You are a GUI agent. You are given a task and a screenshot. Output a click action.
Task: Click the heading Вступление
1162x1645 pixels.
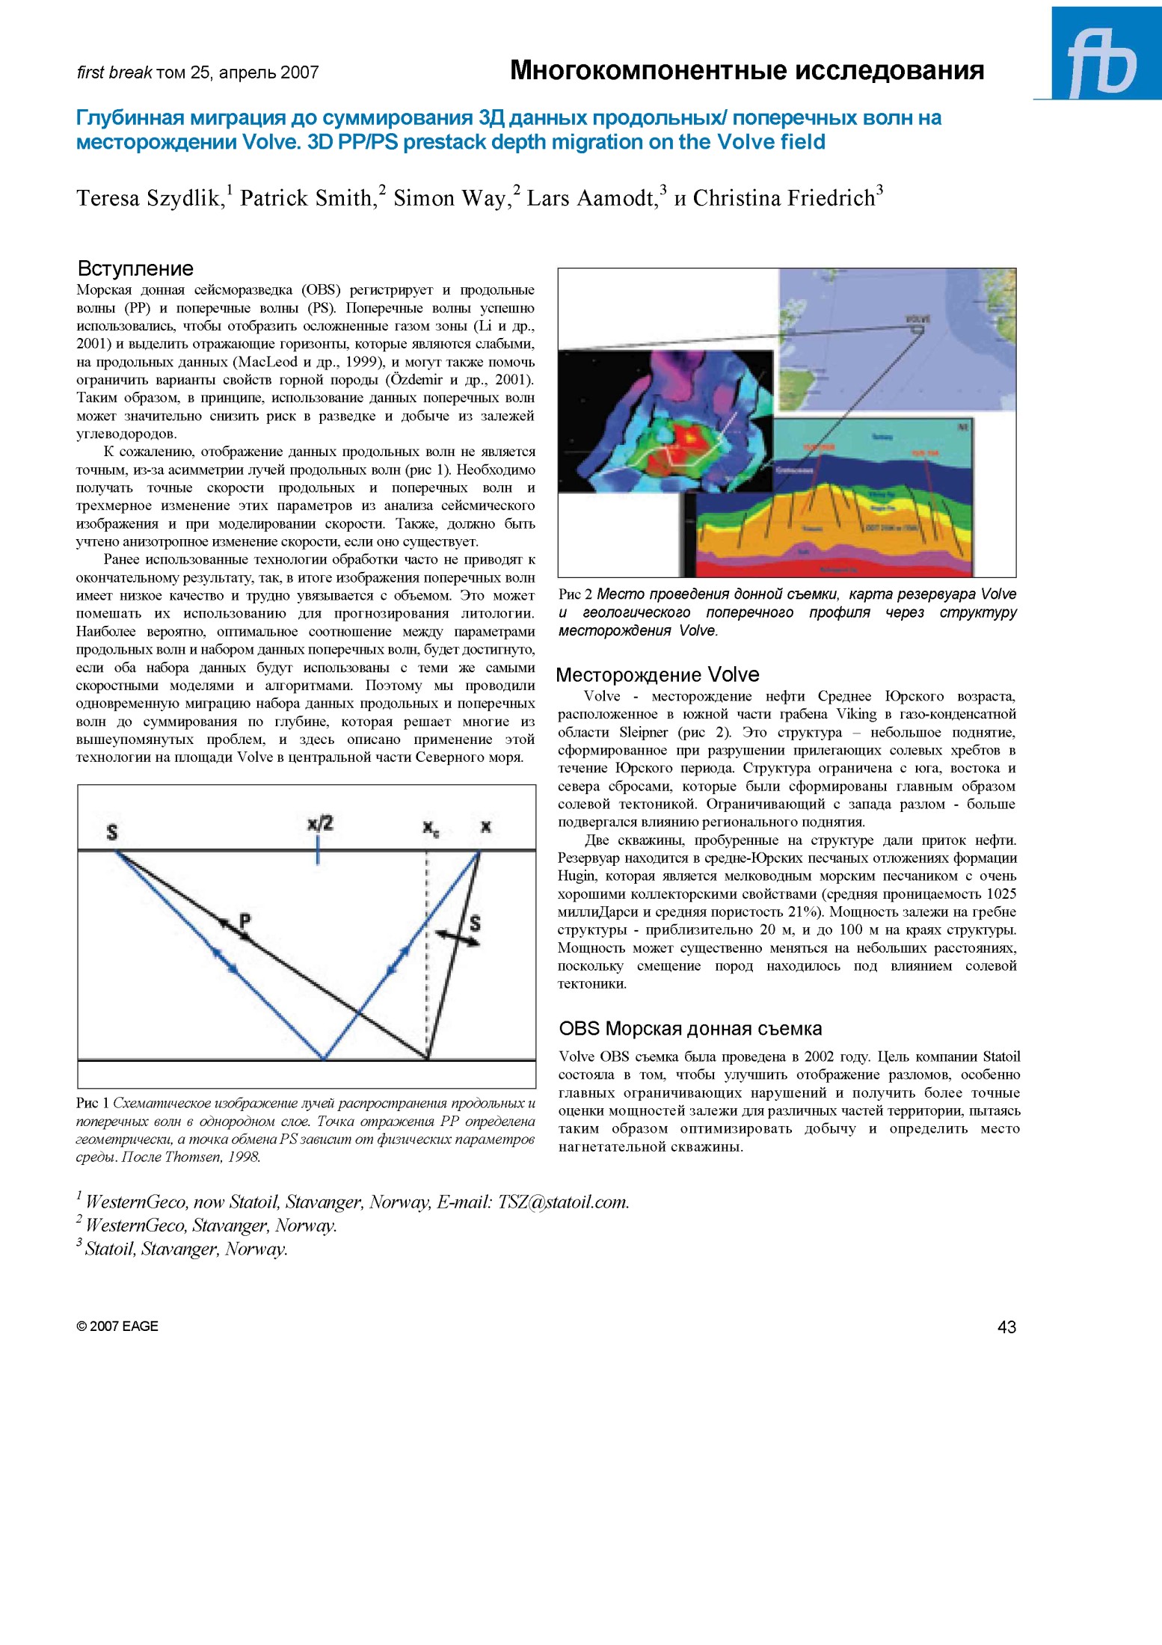tap(135, 268)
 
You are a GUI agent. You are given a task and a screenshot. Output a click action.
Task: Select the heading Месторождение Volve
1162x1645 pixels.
tap(657, 674)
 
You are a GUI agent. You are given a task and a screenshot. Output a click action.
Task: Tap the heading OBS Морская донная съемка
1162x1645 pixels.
tap(689, 1028)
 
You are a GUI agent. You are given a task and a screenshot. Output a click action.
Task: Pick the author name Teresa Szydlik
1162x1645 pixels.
tap(150, 198)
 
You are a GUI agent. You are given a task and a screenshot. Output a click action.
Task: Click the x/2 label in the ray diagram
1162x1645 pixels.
tap(320, 824)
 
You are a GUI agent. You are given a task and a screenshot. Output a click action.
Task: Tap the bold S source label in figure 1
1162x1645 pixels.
tap(112, 831)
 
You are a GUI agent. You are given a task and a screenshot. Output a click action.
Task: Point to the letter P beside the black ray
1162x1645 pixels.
tap(245, 920)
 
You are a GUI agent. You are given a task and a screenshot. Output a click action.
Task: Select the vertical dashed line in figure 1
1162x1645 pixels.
tap(427, 957)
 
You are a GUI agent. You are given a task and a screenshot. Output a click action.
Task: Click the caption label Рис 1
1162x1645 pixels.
tap(93, 1103)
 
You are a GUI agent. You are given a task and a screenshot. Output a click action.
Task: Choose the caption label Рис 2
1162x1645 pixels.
tap(575, 594)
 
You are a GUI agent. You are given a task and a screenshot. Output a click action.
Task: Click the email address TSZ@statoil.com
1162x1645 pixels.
tap(563, 1202)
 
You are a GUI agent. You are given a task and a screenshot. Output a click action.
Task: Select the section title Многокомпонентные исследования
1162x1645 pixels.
tap(746, 70)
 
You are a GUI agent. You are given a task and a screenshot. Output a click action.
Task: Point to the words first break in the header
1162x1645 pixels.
tap(114, 73)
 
